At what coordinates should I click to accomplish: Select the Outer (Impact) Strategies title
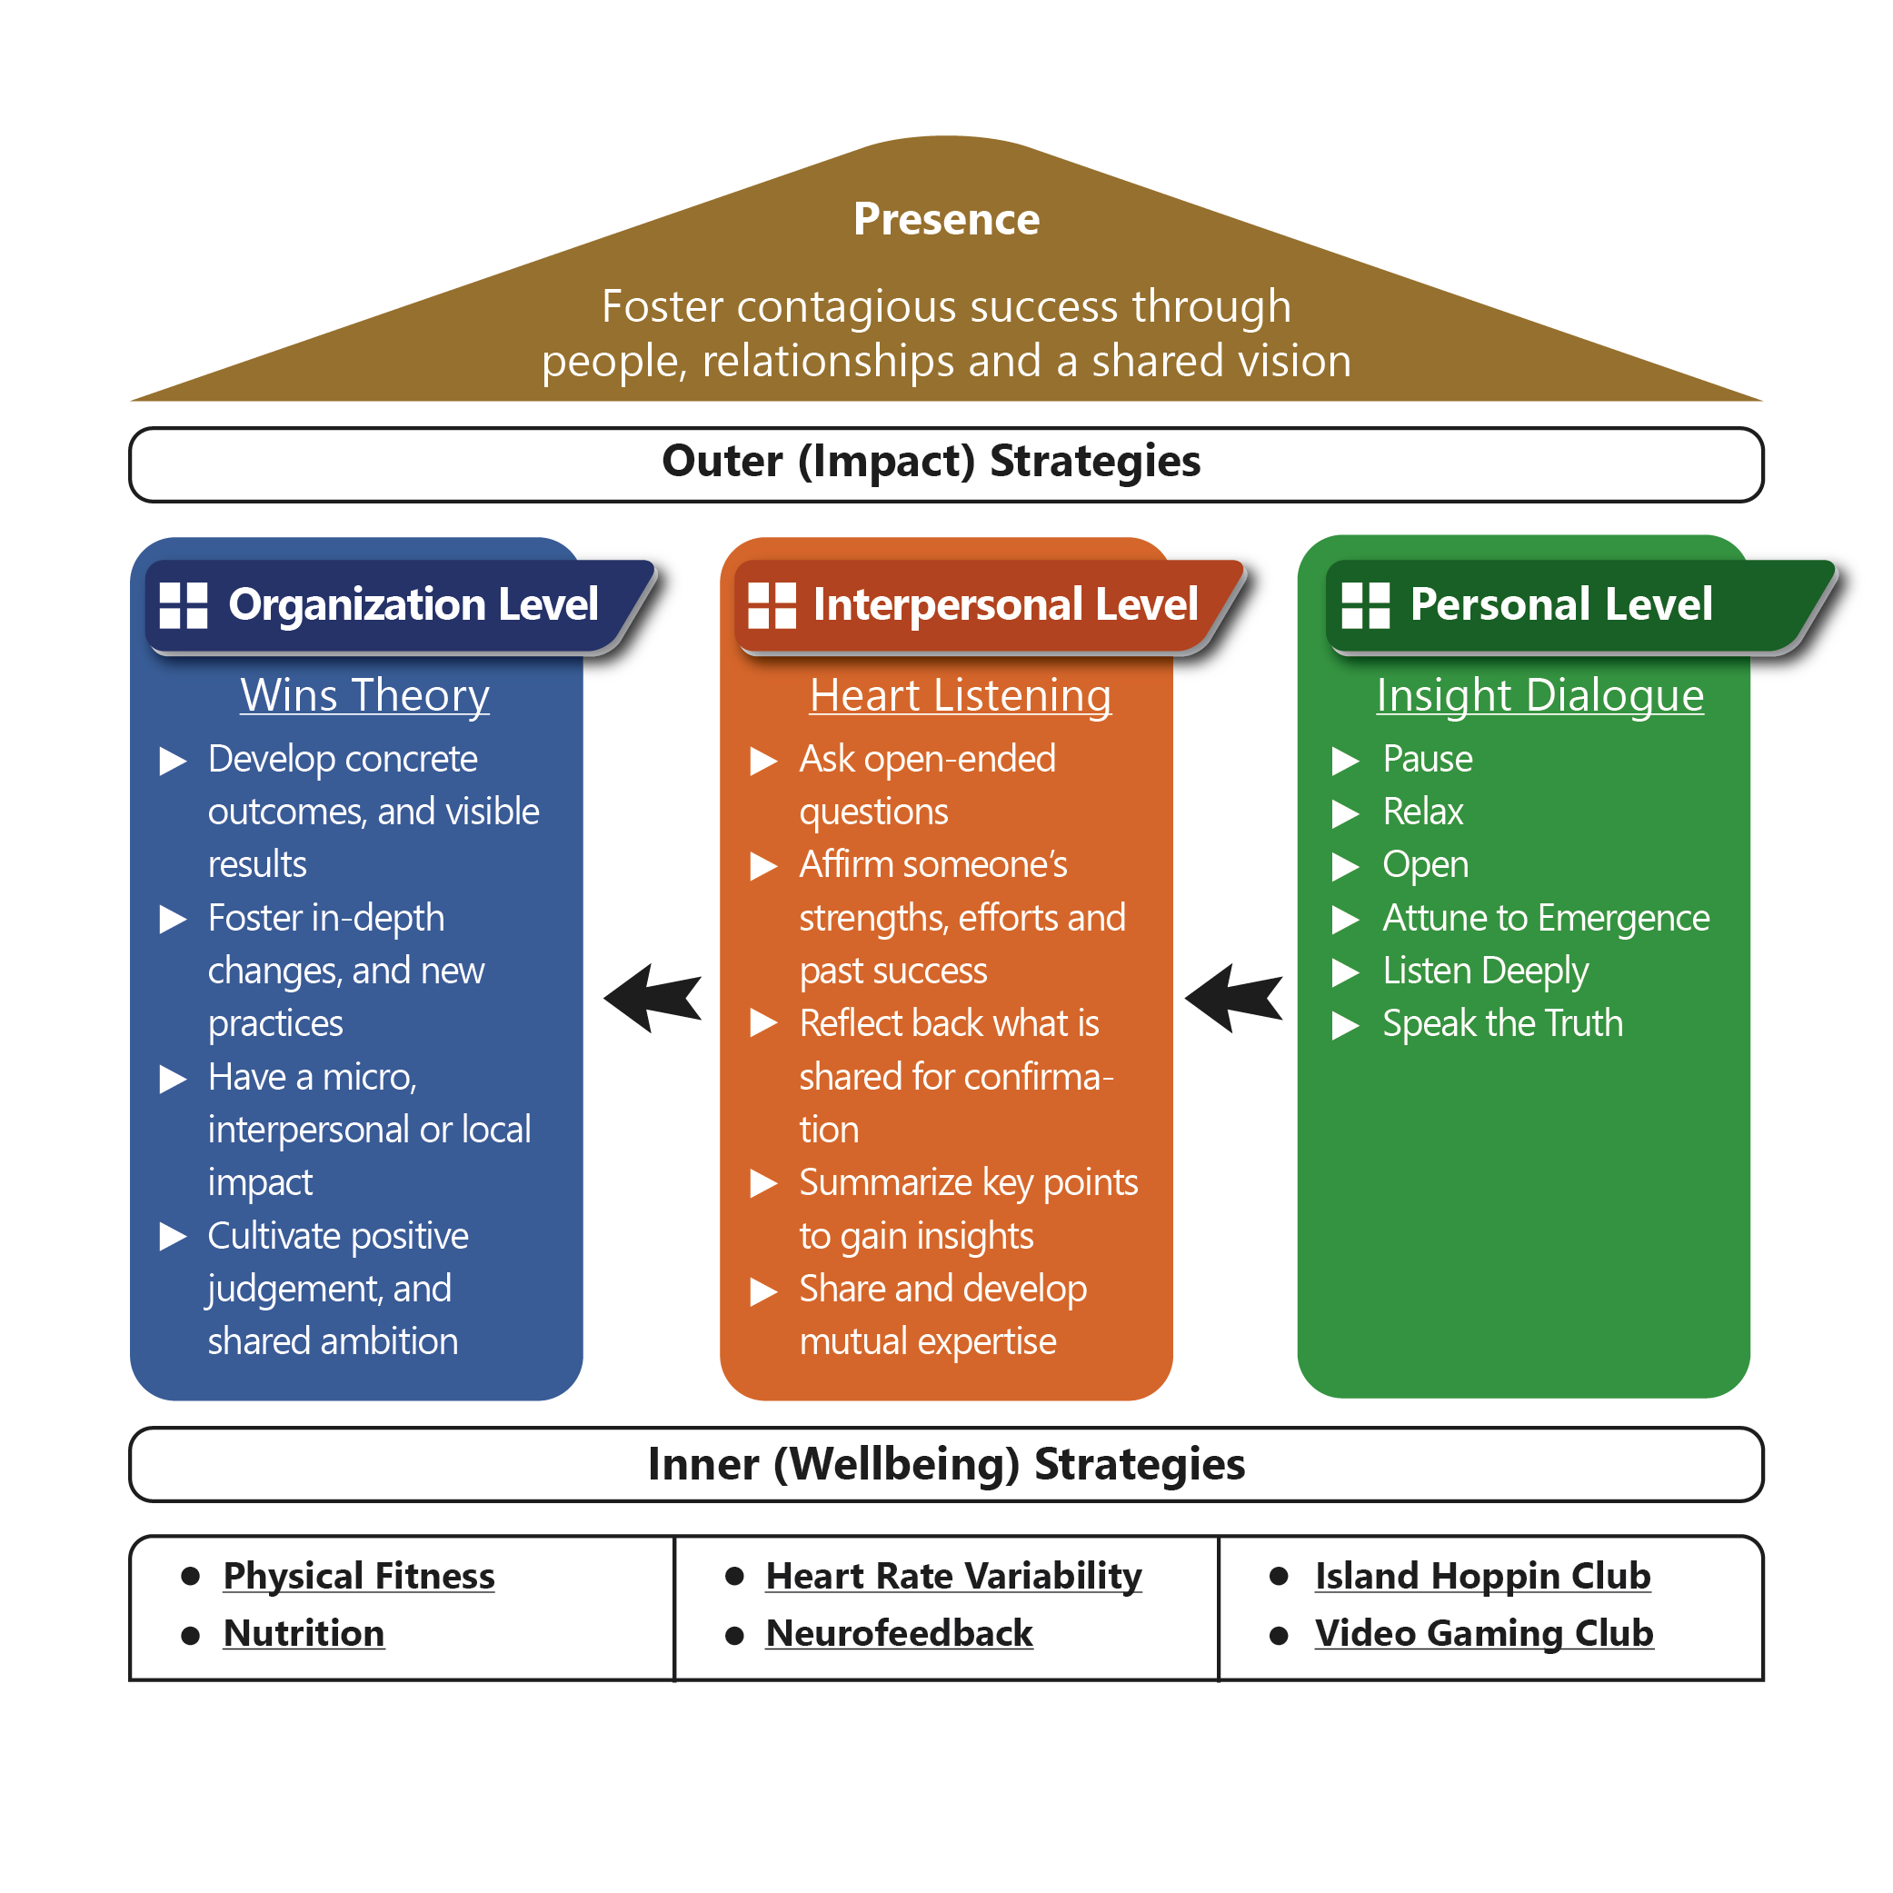tap(931, 462)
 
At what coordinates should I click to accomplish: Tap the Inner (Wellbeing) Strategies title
tap(945, 1464)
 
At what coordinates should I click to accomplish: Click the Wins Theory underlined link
tap(364, 695)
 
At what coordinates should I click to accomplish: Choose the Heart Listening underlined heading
tap(961, 695)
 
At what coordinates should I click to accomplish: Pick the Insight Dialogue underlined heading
tap(1539, 695)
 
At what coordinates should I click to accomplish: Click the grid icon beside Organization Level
tap(184, 604)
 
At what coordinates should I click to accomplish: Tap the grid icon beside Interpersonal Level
tap(772, 604)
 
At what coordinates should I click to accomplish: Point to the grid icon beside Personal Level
tap(1365, 604)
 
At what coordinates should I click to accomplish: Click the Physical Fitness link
tap(359, 1576)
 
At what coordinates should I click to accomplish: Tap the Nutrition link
tap(304, 1633)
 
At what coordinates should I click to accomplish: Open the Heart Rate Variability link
tap(953, 1576)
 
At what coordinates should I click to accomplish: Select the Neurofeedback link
tap(899, 1633)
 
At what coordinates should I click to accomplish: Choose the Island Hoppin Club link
tap(1482, 1576)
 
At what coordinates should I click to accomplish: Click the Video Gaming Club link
tap(1483, 1633)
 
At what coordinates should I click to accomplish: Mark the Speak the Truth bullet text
tap(1502, 1024)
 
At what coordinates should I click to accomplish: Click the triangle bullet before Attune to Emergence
tap(1345, 919)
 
